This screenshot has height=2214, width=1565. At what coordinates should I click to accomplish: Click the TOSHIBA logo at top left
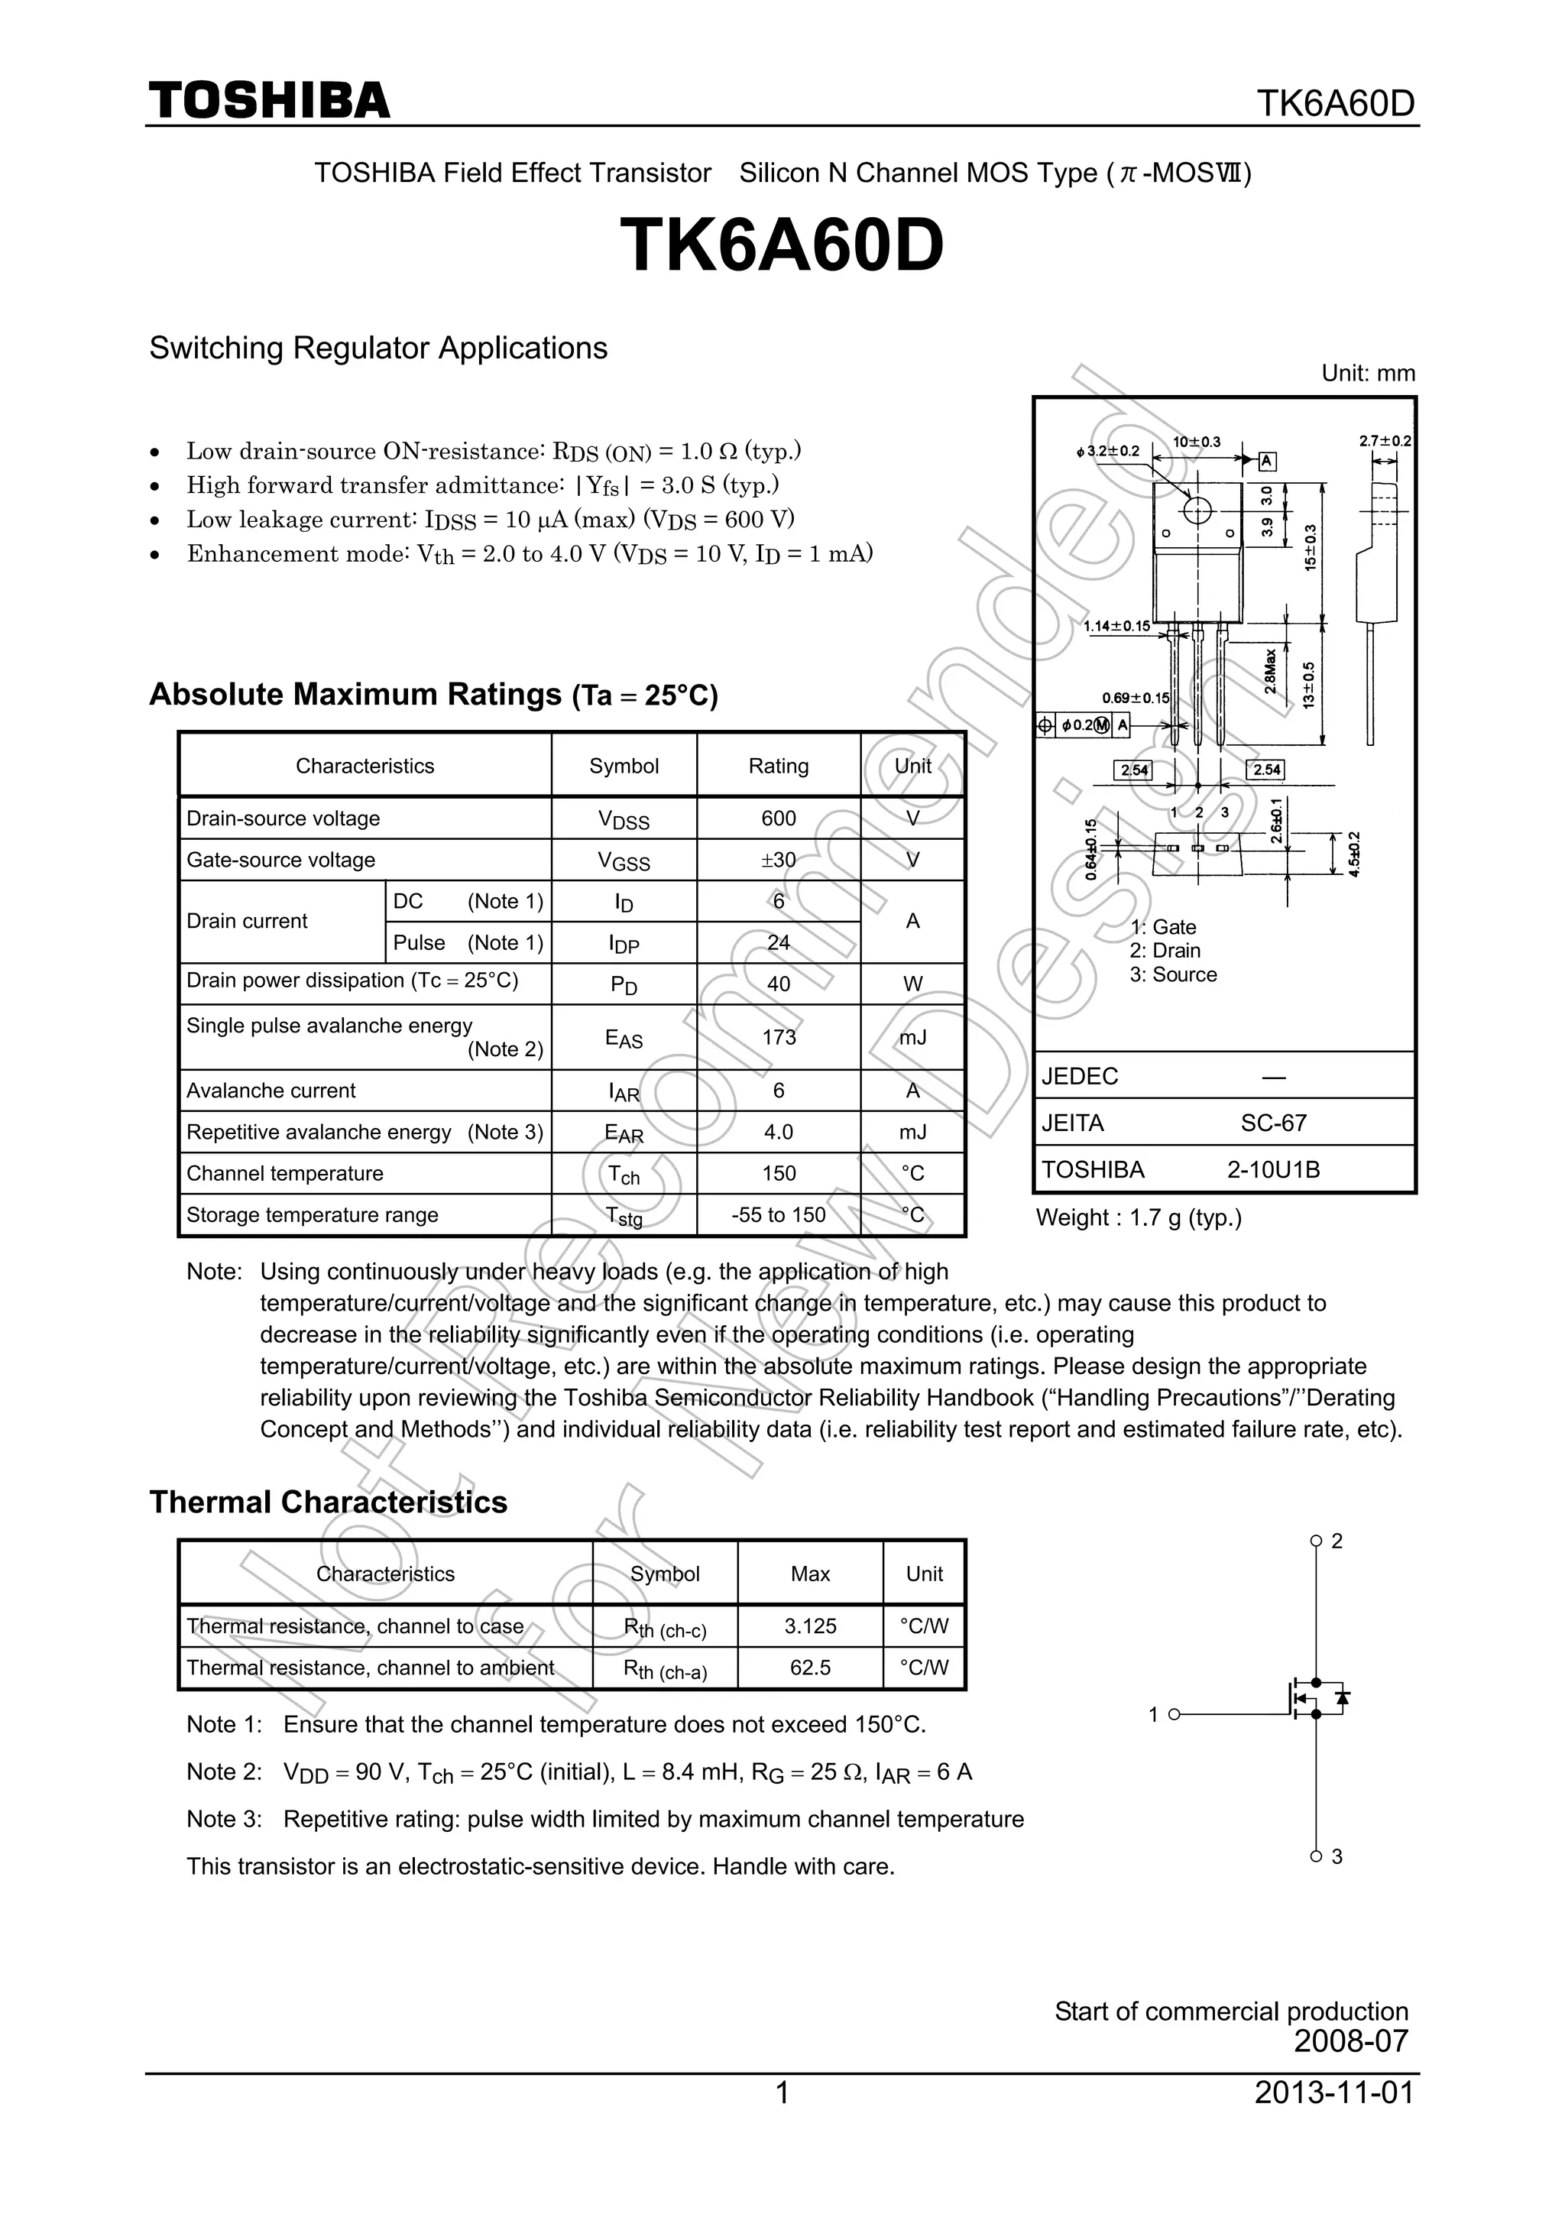[269, 100]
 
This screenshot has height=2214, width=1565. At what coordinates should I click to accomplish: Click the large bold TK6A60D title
[781, 245]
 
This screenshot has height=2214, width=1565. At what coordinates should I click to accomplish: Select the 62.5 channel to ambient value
[810, 1668]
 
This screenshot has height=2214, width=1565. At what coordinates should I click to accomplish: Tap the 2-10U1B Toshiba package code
[1273, 1170]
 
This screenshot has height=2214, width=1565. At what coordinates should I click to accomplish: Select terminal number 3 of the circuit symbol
[1337, 1856]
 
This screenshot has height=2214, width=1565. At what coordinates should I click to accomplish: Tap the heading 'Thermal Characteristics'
[328, 1502]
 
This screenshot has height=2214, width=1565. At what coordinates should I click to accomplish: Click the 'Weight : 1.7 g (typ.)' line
[1138, 1218]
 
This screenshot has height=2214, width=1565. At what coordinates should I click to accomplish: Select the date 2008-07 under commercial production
[1350, 2041]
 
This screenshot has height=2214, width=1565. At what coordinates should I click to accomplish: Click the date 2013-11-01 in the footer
[1333, 2092]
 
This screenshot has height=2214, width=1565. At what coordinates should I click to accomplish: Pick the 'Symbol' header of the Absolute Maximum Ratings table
[624, 767]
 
